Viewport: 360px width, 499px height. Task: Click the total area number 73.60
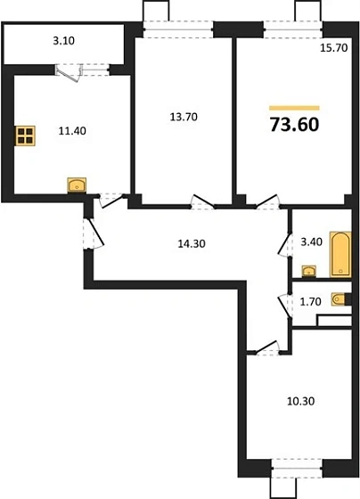tap(293, 122)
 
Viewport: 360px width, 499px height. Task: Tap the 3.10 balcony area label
tap(62, 41)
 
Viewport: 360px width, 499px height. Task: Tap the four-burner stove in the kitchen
tap(26, 136)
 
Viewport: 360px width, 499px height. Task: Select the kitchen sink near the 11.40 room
tap(77, 185)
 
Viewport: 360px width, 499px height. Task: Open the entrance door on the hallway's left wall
tap(92, 233)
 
